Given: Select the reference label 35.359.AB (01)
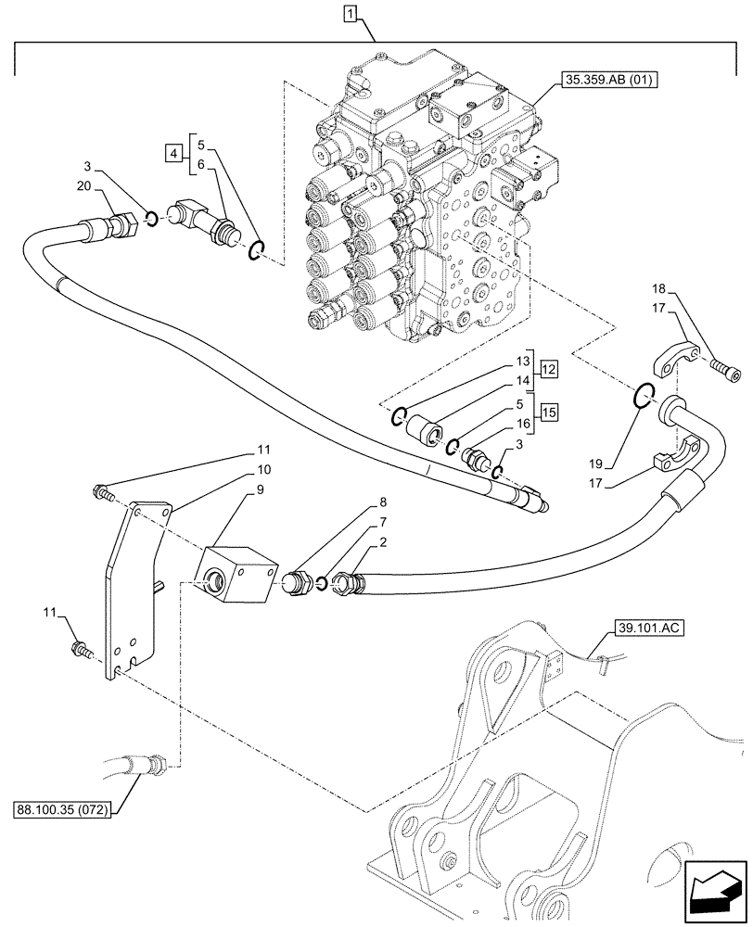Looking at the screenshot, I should [607, 81].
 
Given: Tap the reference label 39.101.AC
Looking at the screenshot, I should [647, 629].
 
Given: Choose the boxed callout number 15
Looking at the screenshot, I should [549, 412].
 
